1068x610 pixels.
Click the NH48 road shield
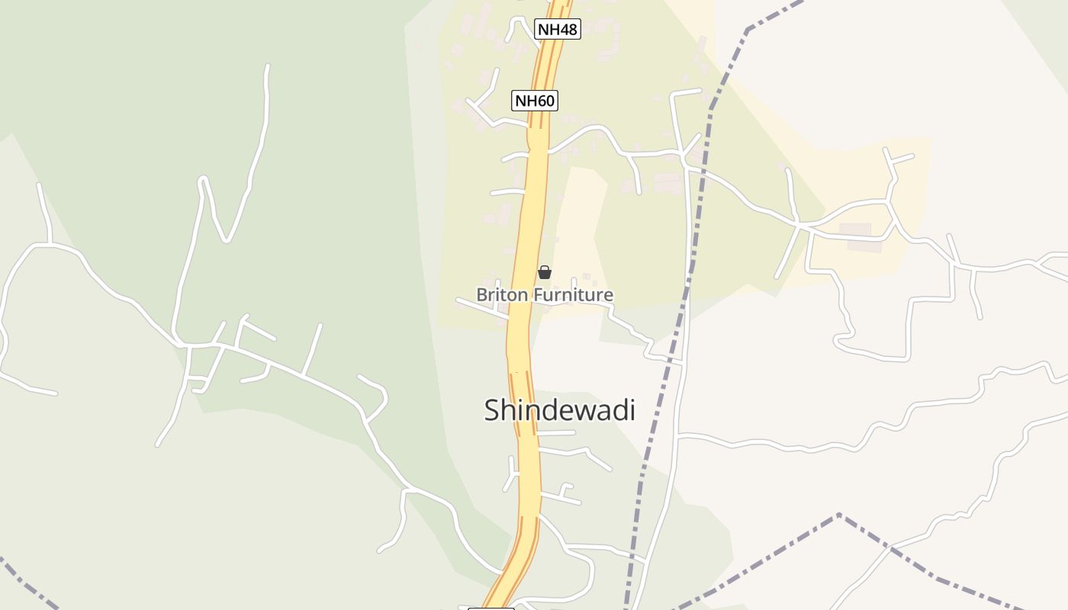coord(558,30)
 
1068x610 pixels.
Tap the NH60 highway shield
coord(535,101)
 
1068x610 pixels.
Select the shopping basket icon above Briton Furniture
coord(545,272)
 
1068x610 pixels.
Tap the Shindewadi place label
coord(559,410)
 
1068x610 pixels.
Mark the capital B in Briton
coord(482,294)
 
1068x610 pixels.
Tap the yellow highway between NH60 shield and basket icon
coord(533,191)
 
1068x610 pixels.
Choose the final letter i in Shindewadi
coord(632,410)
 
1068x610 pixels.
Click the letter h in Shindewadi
coord(508,410)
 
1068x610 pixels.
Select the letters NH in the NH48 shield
coord(548,30)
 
